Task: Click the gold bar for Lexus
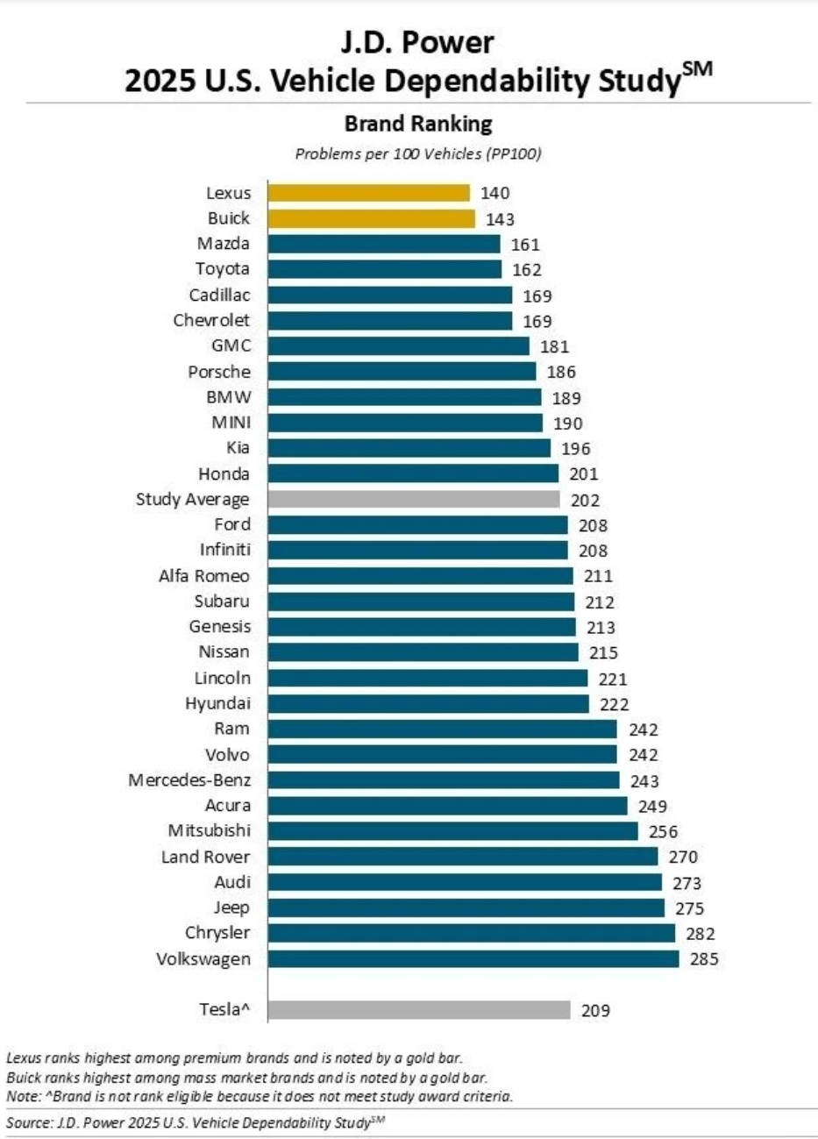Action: [x=368, y=193]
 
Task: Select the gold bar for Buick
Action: [x=371, y=218]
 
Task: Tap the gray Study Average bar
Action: [x=413, y=500]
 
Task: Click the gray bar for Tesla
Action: [x=418, y=1010]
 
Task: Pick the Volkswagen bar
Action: [x=473, y=958]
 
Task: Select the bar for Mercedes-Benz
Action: [x=443, y=780]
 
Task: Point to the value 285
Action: [x=703, y=959]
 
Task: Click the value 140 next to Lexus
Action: [x=494, y=194]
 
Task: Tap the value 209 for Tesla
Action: [x=595, y=1011]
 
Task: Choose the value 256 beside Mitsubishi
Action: [x=663, y=832]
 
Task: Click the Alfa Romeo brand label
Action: [x=203, y=576]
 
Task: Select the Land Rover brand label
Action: [x=205, y=857]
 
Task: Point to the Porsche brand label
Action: [x=218, y=372]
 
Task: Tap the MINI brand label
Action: [x=231, y=423]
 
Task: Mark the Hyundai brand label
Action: [x=217, y=703]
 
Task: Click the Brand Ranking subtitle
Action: [x=418, y=123]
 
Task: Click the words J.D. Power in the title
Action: [x=417, y=42]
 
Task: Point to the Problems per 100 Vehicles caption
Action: [x=417, y=154]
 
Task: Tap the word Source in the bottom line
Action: [x=26, y=1122]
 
